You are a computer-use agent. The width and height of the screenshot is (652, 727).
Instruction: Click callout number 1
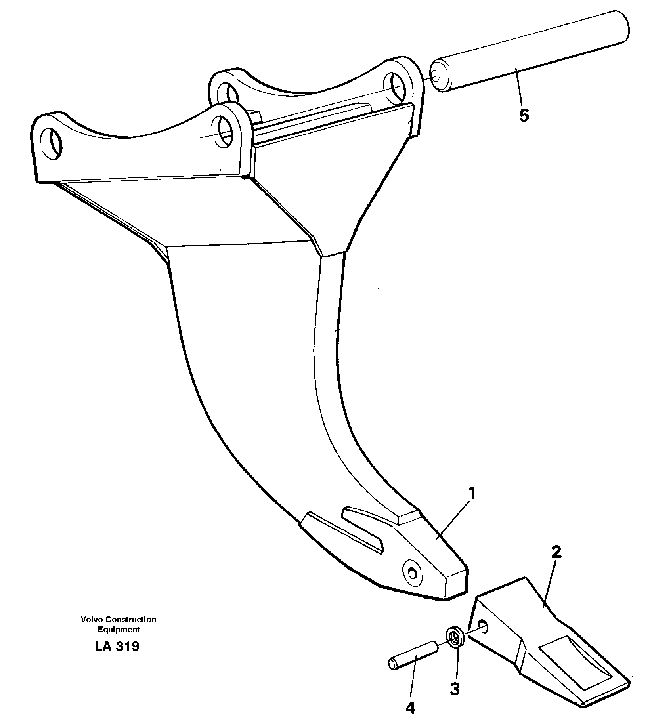pos(471,494)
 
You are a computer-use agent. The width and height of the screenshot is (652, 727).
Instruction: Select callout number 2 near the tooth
pos(556,552)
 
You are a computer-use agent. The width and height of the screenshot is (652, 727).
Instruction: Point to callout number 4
pos(411,708)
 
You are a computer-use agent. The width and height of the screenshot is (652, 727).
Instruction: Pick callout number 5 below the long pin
pos(524,116)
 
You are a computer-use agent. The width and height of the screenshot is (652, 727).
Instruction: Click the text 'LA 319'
pos(117,647)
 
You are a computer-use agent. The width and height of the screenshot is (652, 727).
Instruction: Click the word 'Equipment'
pos(119,630)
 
